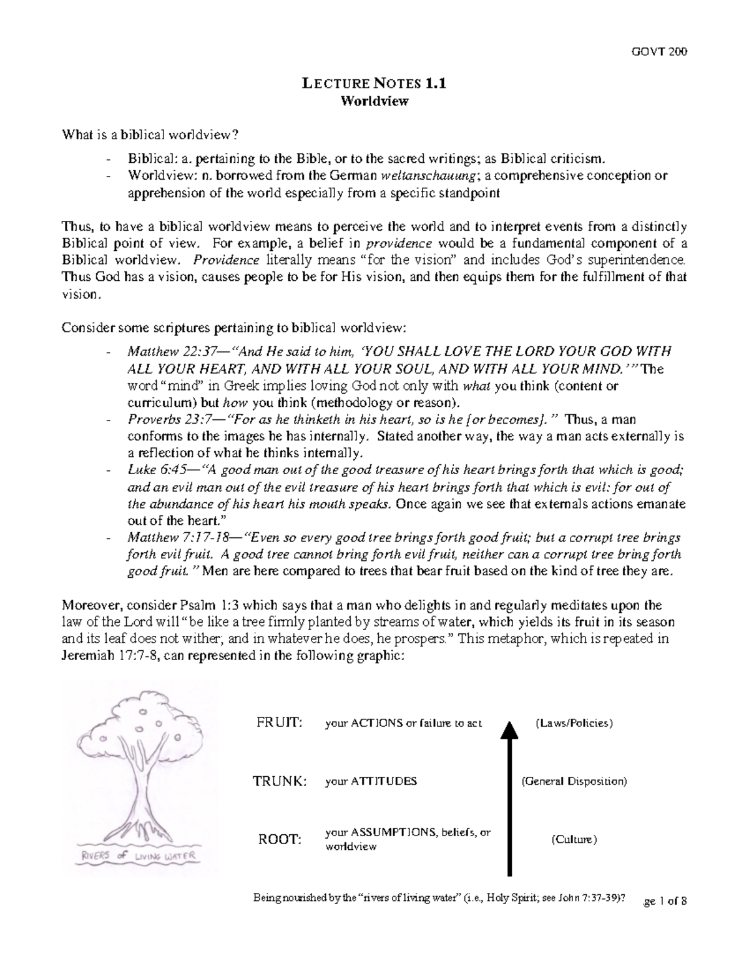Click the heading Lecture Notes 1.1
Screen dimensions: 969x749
[x=374, y=84]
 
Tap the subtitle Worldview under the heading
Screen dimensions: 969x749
[x=374, y=101]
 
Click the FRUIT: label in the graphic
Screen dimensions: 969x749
[x=280, y=723]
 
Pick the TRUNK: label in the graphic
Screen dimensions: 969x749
[x=280, y=781]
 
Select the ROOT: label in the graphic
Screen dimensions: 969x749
[x=280, y=840]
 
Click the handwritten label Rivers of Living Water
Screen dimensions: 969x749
[x=137, y=855]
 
